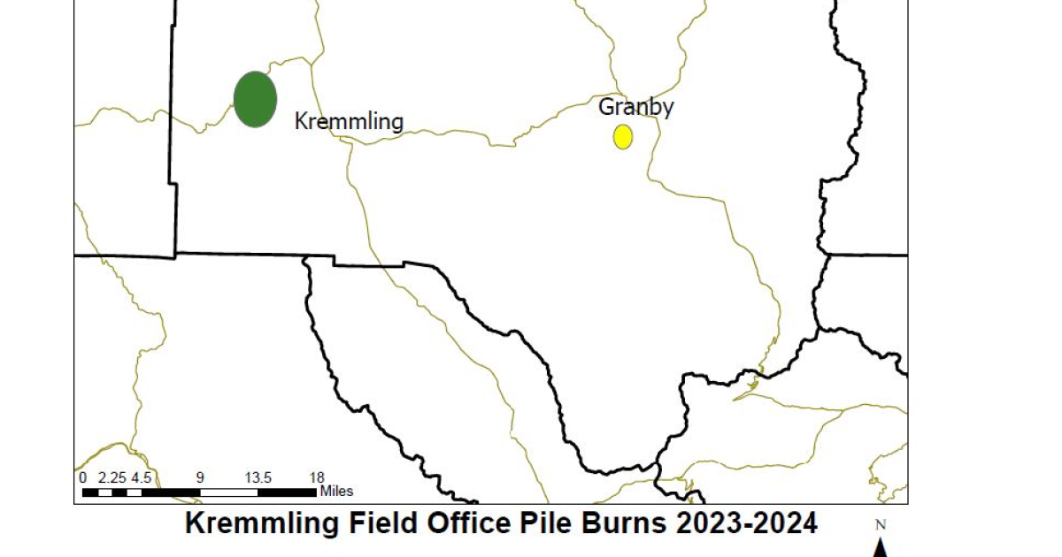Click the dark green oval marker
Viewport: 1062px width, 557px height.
coord(255,99)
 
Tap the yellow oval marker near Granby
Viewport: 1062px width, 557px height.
coord(623,136)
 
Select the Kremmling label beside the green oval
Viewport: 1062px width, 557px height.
coord(349,121)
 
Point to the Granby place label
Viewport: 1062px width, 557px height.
coord(636,107)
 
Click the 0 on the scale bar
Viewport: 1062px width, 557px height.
coord(83,477)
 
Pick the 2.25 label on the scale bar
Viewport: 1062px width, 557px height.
coord(112,477)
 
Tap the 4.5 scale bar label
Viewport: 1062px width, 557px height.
coord(142,477)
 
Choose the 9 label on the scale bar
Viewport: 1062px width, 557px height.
coord(200,477)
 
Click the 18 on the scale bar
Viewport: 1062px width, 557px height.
coord(316,477)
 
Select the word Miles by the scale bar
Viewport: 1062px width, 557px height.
coord(336,491)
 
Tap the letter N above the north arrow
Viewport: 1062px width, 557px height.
coord(881,524)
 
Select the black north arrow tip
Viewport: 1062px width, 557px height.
coord(881,546)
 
